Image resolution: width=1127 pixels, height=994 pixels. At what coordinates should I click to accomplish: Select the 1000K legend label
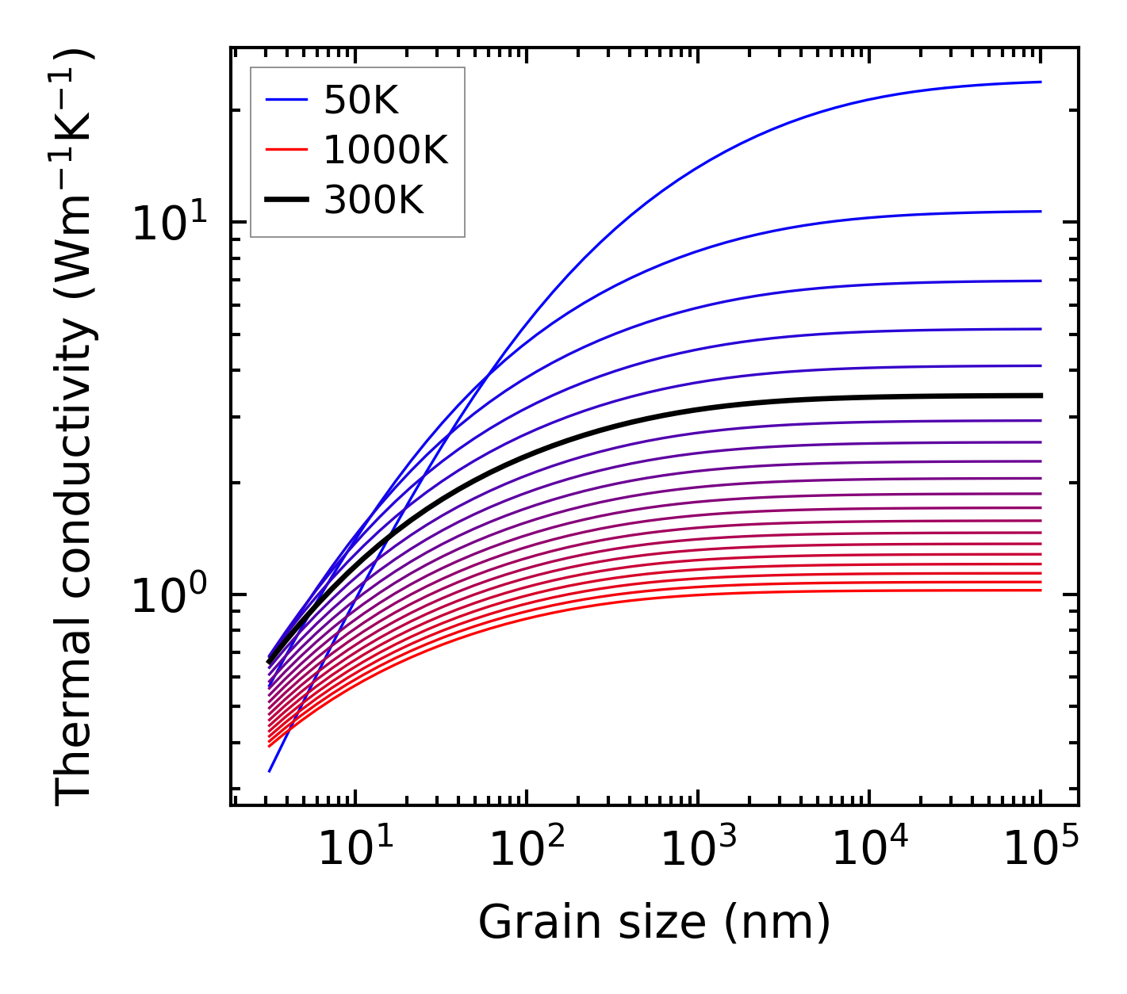point(386,150)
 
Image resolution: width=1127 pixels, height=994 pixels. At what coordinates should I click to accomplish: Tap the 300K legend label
point(374,201)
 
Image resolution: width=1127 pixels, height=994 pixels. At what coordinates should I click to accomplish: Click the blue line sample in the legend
point(286,100)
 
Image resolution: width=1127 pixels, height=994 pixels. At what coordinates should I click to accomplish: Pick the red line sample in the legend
point(286,150)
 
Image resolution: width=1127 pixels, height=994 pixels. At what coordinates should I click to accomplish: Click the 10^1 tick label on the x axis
point(355,849)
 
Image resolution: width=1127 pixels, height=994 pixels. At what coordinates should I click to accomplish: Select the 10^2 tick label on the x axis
point(527,849)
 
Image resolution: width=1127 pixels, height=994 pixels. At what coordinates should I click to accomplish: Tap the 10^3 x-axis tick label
point(698,849)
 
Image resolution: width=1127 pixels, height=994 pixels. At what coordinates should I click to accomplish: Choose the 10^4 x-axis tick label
point(869,849)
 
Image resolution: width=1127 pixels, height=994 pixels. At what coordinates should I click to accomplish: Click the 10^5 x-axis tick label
point(1041,849)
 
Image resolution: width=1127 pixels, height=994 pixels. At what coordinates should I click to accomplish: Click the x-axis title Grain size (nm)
point(654,922)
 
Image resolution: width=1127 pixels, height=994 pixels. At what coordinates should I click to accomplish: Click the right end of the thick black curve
point(1041,395)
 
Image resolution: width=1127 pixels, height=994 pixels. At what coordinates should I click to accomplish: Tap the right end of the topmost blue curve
point(1041,82)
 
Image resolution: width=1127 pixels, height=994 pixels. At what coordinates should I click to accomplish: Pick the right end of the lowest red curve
point(1041,590)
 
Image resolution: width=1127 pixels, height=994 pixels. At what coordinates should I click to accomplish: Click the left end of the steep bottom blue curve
point(270,770)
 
